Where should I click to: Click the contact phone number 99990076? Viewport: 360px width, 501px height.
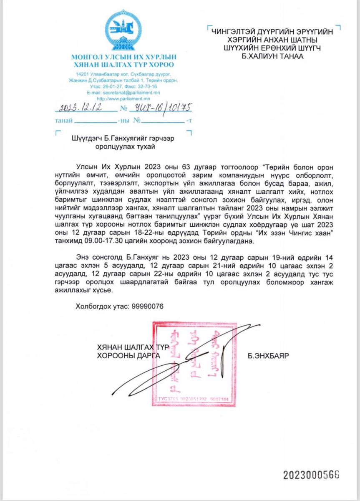147,306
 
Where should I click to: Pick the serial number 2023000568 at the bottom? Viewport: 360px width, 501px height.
311,475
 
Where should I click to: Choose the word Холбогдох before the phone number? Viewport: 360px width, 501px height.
93,306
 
